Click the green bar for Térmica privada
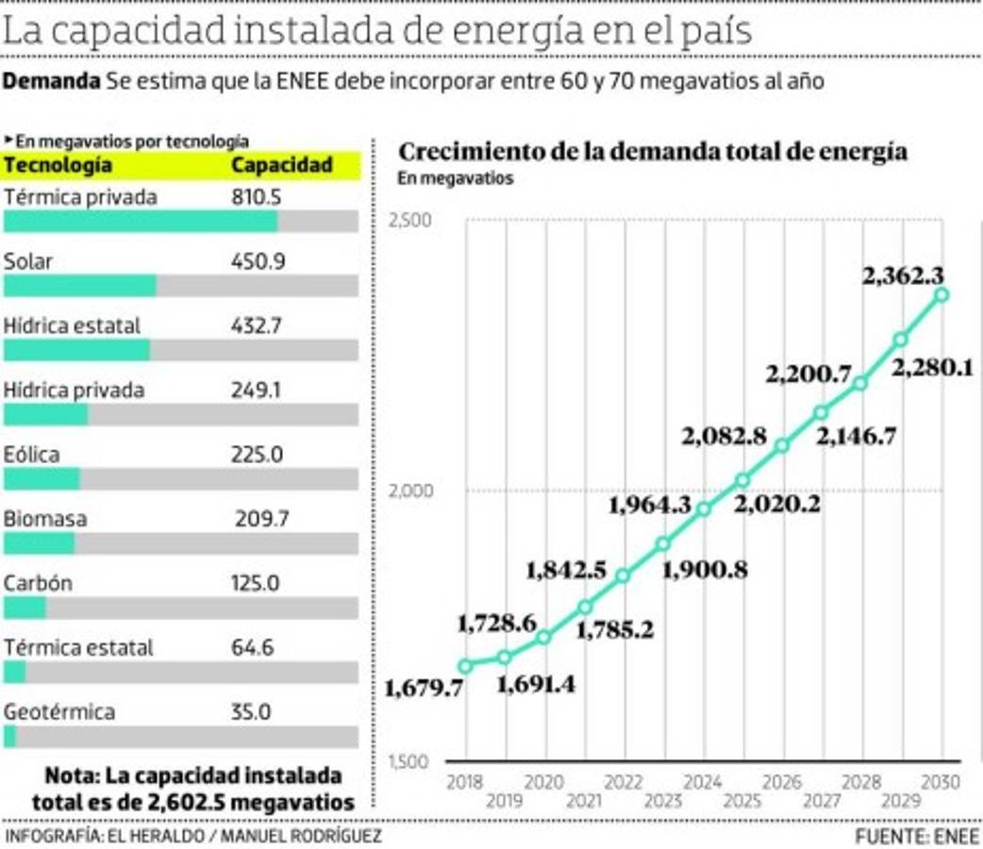141,222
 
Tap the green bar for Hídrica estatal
76,350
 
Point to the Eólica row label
31,455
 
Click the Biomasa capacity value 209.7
261,519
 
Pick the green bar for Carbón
25,608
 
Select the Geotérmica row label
59,712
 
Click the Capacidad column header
282,165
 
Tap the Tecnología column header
58,165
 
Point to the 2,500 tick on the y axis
409,221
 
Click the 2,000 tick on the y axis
409,491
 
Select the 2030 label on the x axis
941,782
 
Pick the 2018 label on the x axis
464,782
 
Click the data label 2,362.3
903,276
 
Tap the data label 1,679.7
424,689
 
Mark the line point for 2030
941,295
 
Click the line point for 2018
464,665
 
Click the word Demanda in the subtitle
51,81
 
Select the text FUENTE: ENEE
918,837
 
